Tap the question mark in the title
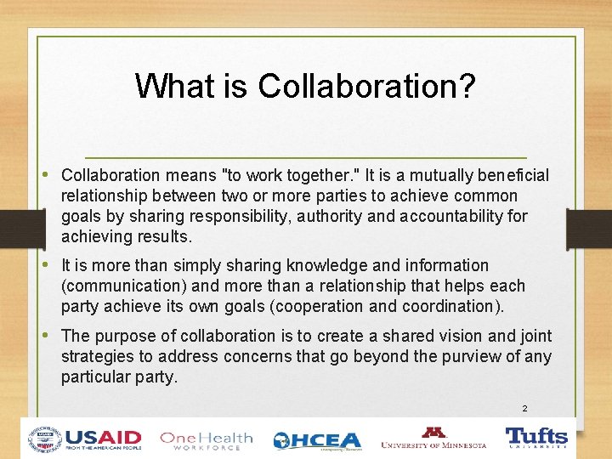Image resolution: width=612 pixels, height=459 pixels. (x=467, y=86)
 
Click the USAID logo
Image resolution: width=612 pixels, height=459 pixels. (x=85, y=439)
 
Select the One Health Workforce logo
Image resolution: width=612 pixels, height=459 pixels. (x=206, y=439)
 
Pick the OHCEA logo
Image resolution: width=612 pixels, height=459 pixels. (x=317, y=440)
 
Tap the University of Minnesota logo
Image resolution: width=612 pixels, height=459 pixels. (x=434, y=439)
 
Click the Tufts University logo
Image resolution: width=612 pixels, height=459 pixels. (x=536, y=438)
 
